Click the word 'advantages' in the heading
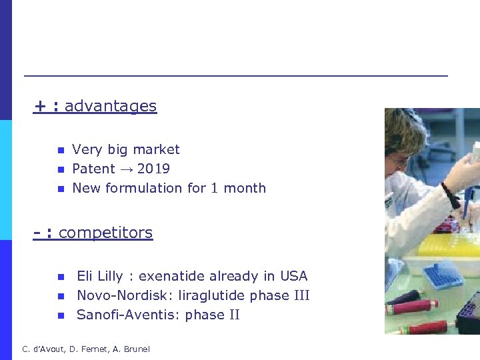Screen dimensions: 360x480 (111, 106)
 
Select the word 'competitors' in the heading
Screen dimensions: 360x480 (105, 233)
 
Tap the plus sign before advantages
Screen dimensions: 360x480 (41, 106)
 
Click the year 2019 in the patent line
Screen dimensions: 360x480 (153, 169)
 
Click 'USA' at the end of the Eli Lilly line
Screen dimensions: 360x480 (293, 276)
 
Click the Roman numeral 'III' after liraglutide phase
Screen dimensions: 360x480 (301, 295)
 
